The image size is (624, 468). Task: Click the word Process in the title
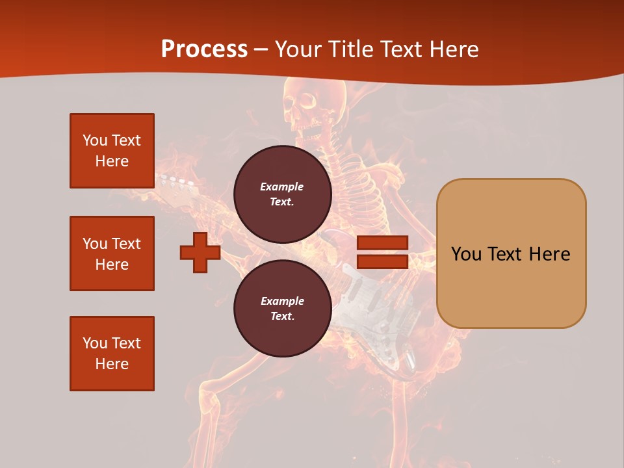coord(204,49)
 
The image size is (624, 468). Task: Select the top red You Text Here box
coord(112,151)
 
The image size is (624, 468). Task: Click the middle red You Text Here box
coord(112,253)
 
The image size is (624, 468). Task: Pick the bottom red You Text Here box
coord(112,354)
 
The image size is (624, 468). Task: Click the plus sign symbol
coord(200,252)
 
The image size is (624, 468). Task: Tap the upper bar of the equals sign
coord(382,243)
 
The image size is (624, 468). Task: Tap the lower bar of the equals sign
coord(382,262)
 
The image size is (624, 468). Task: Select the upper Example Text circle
coord(282,194)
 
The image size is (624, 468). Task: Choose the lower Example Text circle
coord(282,308)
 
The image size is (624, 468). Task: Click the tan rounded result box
coord(511,253)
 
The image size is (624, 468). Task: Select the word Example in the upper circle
coord(282,187)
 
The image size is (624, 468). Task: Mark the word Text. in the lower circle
coord(282,316)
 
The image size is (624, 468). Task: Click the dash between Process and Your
coord(261,49)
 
